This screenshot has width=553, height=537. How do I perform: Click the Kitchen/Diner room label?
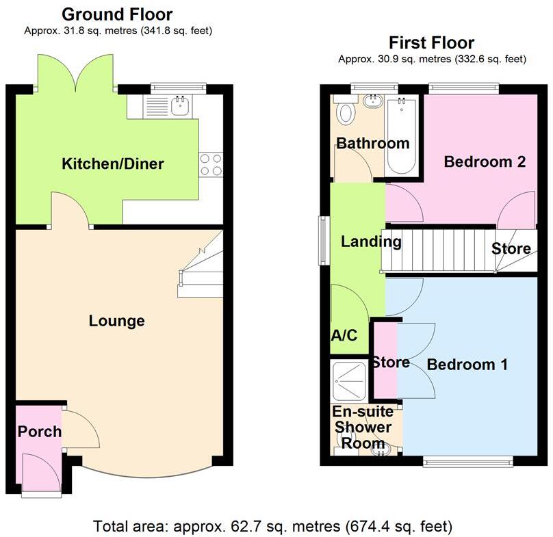113,164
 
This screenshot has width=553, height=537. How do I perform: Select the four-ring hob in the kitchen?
211,164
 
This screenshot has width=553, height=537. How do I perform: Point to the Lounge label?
117,321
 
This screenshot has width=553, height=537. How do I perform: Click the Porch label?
40,432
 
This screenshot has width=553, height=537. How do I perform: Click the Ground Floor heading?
117,14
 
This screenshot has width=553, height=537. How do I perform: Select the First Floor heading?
431,42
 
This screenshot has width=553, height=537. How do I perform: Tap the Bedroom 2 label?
485,162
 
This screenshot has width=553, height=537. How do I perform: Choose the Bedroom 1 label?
467,365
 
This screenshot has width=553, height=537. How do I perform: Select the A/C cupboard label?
344,337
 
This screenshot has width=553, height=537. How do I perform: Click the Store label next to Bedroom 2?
511,248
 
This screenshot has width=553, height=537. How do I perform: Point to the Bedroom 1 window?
467,462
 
